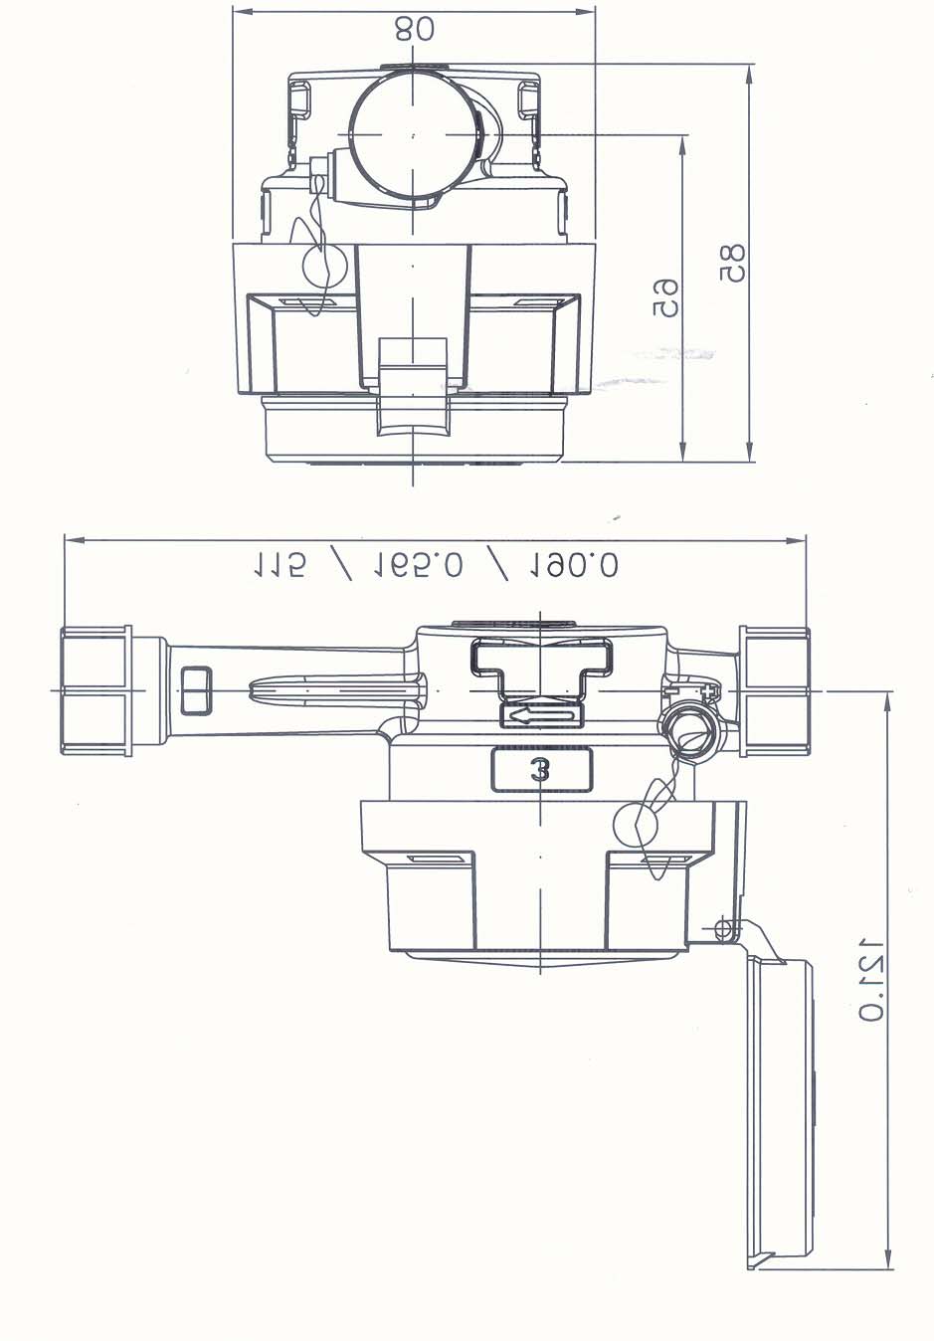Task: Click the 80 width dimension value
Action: (x=414, y=29)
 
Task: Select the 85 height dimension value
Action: (x=732, y=263)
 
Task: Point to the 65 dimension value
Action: (x=665, y=297)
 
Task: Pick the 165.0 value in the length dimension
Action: (x=418, y=565)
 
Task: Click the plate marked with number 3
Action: (x=541, y=770)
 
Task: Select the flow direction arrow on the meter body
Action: (x=541, y=716)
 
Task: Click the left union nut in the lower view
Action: (x=95, y=690)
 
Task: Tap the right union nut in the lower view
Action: (x=774, y=690)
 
